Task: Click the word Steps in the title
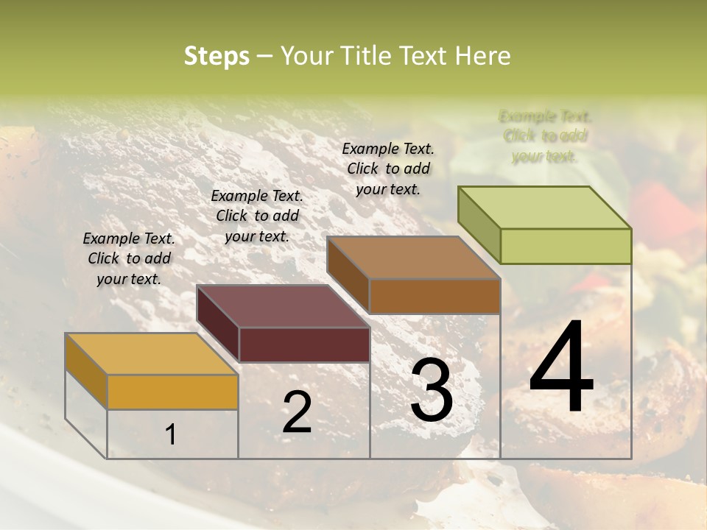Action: tap(216, 56)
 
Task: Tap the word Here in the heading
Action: tap(482, 56)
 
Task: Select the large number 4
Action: tap(561, 368)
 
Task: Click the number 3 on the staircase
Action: tap(432, 390)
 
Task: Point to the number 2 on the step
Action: tap(297, 412)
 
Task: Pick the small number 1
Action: tap(171, 435)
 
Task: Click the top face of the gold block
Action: tap(151, 354)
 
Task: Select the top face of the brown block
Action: tap(413, 258)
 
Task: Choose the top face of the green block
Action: tap(544, 208)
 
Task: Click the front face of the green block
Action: tap(566, 246)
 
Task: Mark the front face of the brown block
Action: tap(435, 296)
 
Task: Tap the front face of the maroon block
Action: tap(304, 344)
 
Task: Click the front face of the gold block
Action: tap(172, 392)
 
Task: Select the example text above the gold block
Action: tap(129, 258)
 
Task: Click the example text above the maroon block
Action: tap(257, 216)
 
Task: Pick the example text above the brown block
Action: tap(388, 169)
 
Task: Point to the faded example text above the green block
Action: tap(545, 136)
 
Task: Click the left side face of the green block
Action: tap(479, 225)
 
